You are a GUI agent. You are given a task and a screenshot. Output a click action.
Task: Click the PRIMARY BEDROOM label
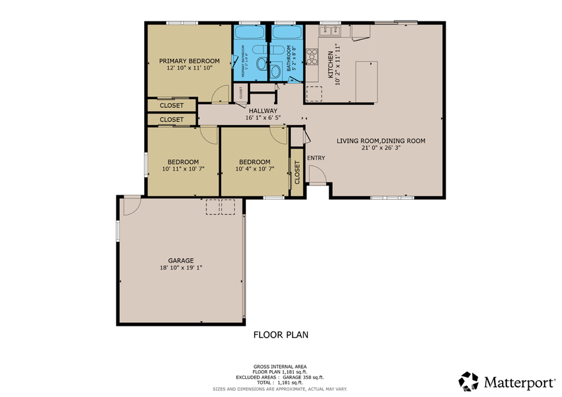(189, 61)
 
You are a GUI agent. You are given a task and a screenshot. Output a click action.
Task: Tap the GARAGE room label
(180, 260)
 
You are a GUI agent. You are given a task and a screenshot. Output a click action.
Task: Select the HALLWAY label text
(262, 110)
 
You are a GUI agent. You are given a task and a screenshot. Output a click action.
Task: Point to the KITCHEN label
(331, 65)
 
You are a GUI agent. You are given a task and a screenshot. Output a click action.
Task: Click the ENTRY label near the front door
(316, 158)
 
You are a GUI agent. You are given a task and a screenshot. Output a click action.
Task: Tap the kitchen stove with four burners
(312, 57)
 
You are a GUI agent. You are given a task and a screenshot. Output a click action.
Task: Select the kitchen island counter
(367, 81)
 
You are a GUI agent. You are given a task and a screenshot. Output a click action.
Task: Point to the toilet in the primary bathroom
(257, 53)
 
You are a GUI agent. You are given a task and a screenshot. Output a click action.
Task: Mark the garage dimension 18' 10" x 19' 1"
(180, 268)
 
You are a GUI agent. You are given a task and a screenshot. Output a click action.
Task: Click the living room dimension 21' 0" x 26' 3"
(381, 149)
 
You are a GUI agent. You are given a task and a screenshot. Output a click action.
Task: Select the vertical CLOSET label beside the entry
(297, 172)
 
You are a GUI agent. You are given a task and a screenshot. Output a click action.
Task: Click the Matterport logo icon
(468, 381)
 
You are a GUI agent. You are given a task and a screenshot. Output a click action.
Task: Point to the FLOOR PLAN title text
(280, 335)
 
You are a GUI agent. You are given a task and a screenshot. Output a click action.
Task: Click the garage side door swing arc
(131, 206)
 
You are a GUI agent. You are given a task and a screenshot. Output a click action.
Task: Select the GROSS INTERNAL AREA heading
(280, 366)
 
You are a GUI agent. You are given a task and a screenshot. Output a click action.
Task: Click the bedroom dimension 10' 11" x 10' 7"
(182, 169)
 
